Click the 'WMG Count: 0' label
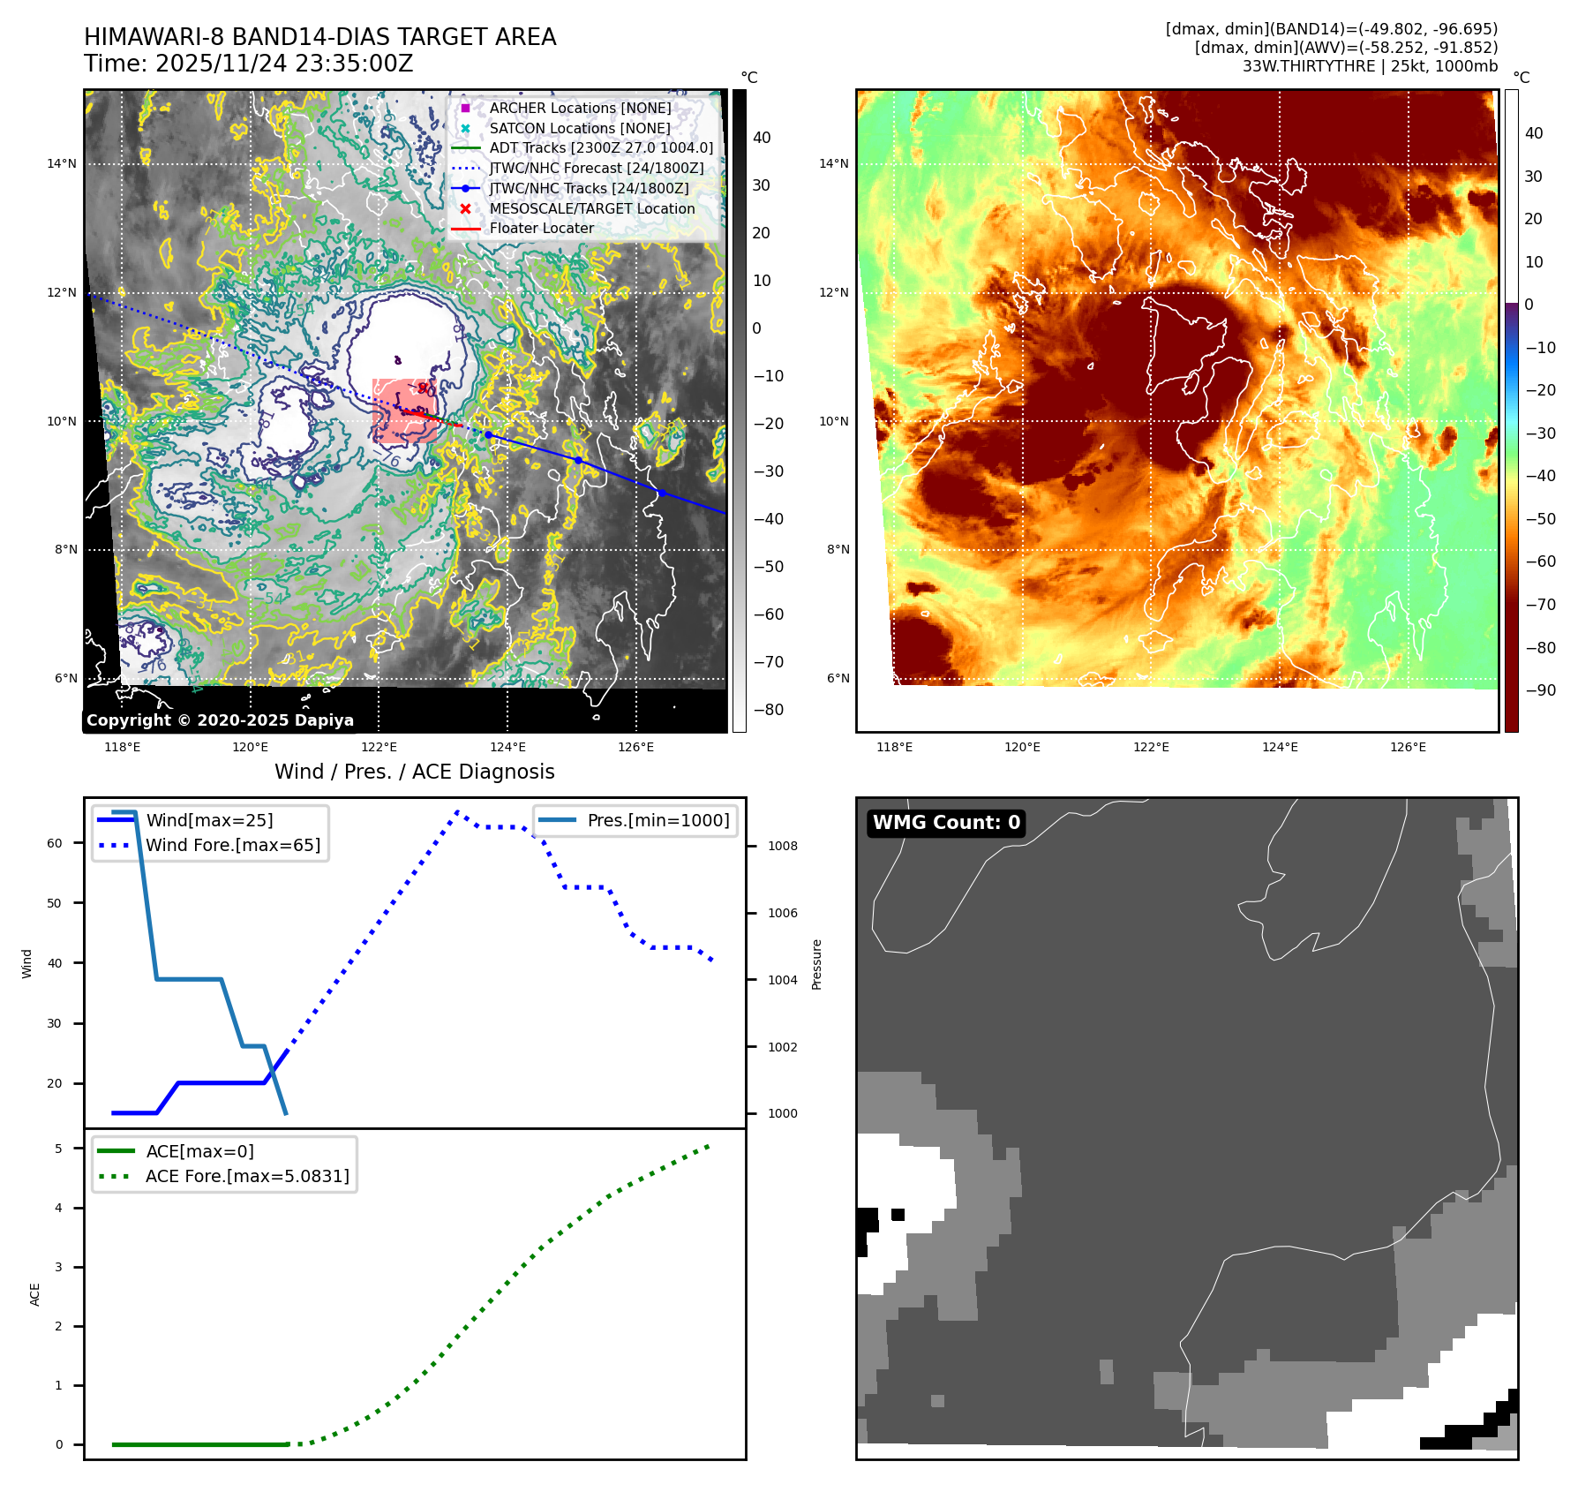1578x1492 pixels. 946,823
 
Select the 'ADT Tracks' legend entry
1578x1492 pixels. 601,148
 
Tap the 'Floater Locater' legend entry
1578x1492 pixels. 541,229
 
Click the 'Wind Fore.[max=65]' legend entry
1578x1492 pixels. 233,845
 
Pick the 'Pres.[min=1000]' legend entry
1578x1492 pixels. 658,820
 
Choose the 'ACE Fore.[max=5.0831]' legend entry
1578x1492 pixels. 247,1176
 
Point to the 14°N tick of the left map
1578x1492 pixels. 62,163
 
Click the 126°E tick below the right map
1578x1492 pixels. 1408,747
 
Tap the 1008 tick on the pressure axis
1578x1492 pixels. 782,846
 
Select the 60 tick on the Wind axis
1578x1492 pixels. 55,843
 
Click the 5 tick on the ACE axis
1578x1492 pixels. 59,1149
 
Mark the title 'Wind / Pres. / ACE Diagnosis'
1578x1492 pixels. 415,772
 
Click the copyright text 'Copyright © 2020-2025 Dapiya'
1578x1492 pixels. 220,720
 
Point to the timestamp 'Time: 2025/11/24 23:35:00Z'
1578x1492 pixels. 249,64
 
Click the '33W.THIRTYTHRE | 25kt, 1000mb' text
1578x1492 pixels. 1370,66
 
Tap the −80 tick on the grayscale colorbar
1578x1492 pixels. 768,710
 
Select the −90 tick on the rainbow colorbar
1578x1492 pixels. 1541,690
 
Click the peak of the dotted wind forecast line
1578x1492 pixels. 457,811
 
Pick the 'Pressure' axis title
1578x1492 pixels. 816,964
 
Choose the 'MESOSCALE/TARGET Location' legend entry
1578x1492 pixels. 592,208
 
